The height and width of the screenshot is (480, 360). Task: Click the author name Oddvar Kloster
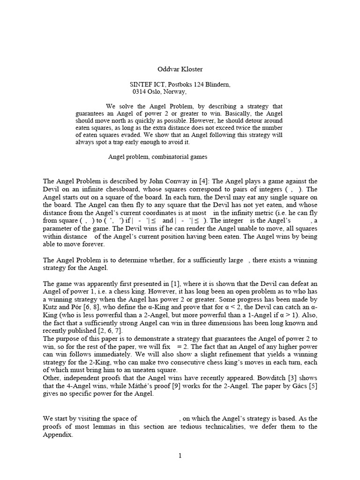click(x=179, y=69)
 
